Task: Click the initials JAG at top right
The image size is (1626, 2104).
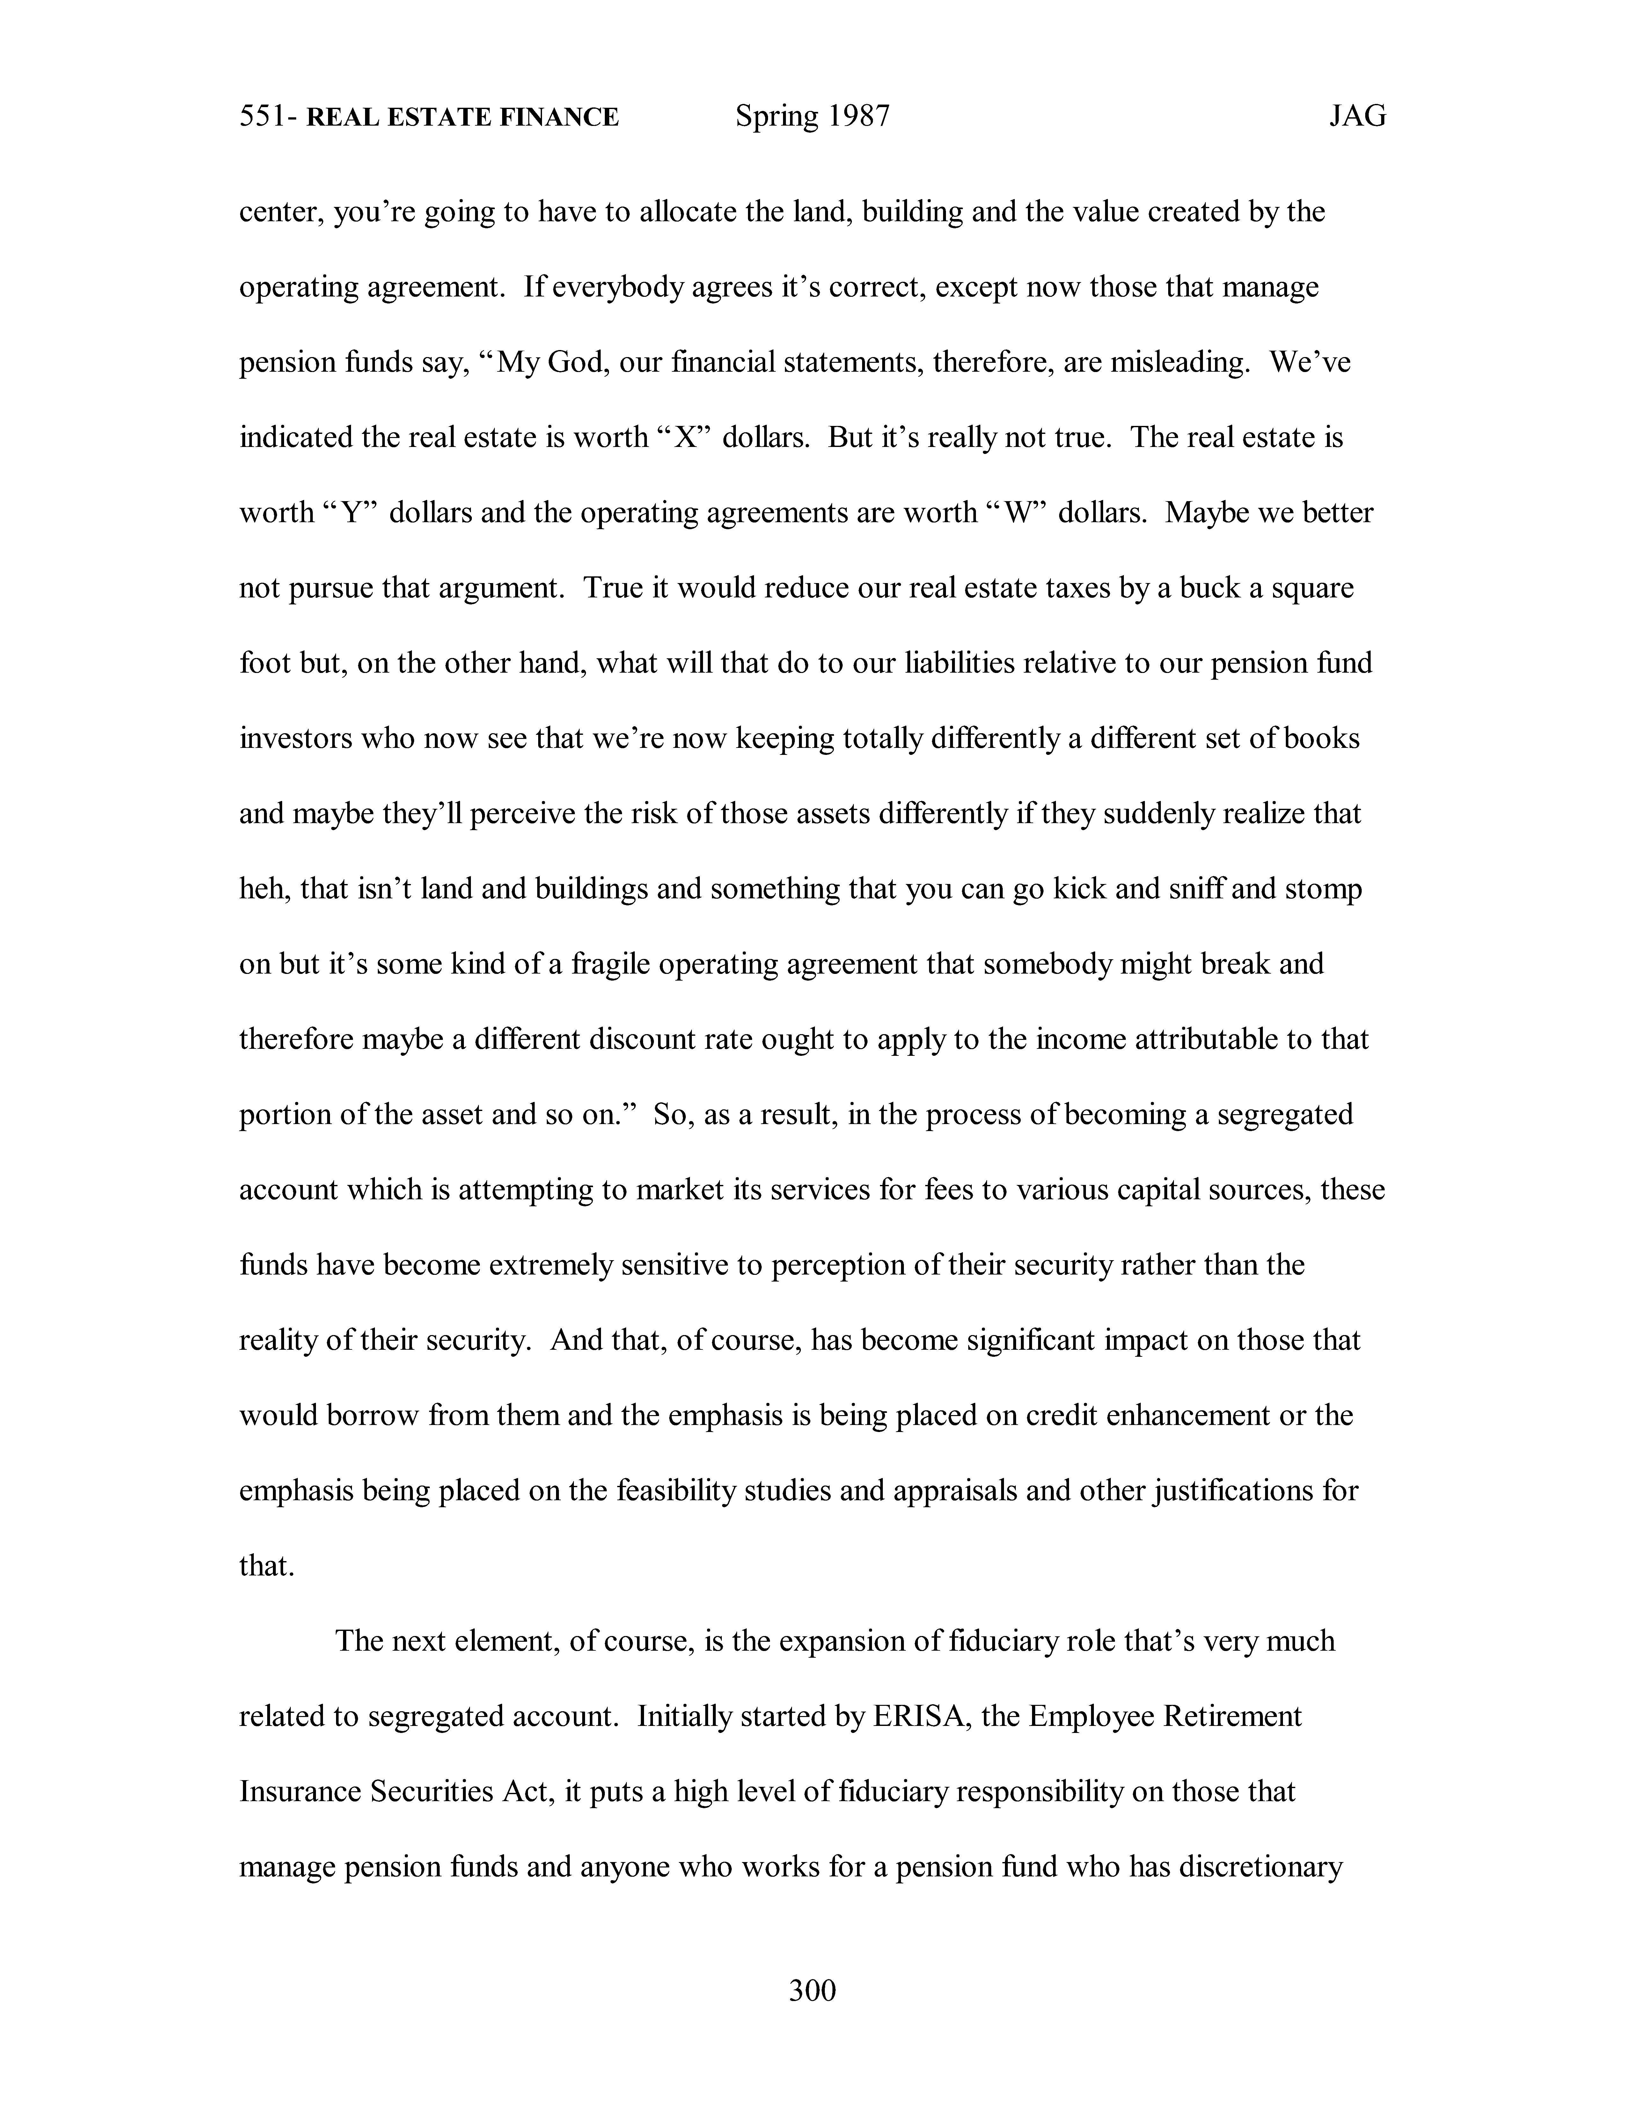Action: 1357,117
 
